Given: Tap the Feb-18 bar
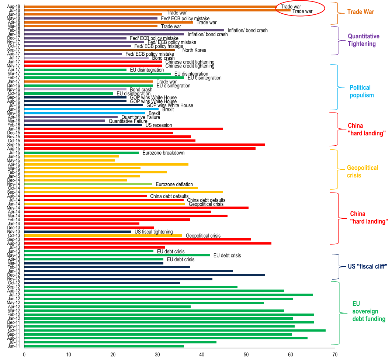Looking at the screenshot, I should point(124,30).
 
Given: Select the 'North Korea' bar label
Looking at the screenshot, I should point(194,50).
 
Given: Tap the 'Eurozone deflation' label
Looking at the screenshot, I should point(174,184).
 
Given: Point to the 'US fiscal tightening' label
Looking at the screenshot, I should point(154,232).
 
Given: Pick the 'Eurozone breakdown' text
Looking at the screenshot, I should point(163,153).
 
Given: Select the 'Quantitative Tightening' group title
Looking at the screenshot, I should point(364,40).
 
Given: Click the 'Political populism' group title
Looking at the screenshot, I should point(361,91).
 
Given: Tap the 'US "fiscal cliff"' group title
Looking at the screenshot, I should point(367,266).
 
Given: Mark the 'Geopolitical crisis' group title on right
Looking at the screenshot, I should point(362,172).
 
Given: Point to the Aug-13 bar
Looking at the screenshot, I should point(148,243).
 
